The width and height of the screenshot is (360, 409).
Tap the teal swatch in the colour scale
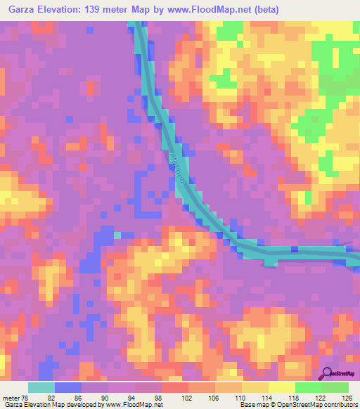pos(41,388)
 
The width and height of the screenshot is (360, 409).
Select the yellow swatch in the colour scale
pos(282,388)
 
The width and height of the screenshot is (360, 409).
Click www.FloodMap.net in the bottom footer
pos(133,404)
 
